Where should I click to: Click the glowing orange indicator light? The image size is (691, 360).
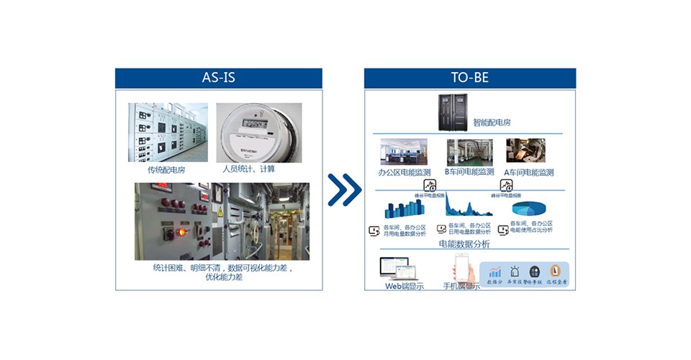pos(181,233)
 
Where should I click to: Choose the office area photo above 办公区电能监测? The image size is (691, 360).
pos(404,152)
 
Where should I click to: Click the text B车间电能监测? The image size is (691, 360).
pos(469,172)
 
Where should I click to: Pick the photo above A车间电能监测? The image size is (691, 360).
pos(525,150)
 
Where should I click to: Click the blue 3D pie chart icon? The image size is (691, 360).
pos(531,207)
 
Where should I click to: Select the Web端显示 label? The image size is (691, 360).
pos(404,286)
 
